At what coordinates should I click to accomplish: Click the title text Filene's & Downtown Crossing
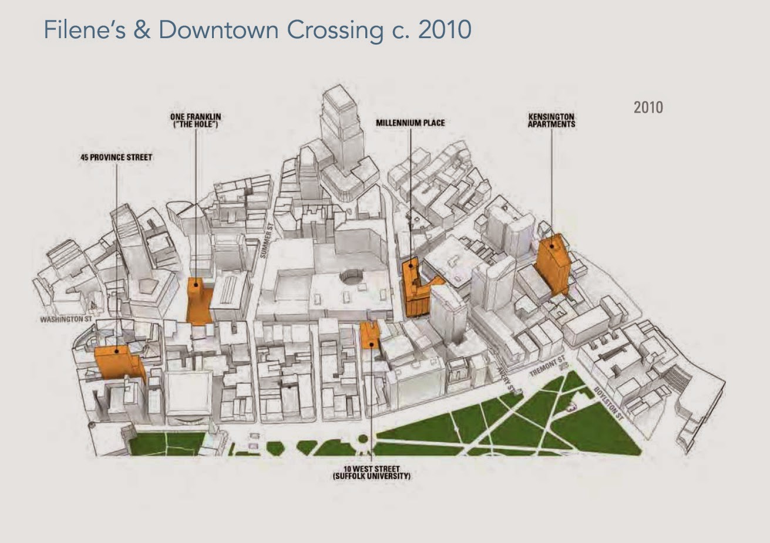point(257,29)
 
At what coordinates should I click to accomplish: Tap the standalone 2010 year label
point(648,107)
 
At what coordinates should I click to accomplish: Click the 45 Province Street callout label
point(116,157)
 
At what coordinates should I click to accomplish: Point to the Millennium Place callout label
point(410,123)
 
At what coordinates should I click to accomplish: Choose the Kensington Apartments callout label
point(551,120)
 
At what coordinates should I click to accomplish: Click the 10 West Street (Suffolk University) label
point(371,473)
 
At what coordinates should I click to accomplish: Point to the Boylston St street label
point(607,402)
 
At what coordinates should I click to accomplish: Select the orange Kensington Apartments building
point(553,264)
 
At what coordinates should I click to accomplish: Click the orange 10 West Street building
point(370,335)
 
